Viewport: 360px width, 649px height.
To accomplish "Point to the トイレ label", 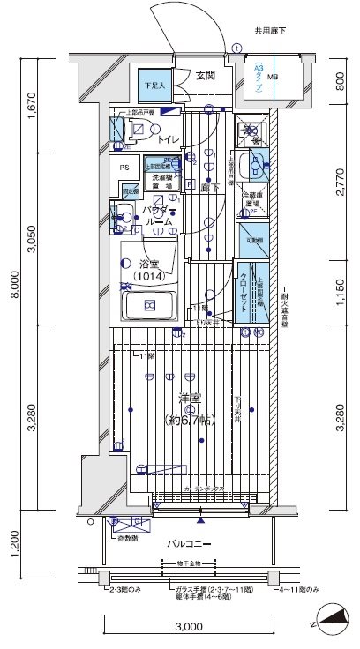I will pyautogui.click(x=169, y=139).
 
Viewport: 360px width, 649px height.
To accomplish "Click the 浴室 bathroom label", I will pyautogui.click(x=148, y=264).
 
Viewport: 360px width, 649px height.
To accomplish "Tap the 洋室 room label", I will pyautogui.click(x=187, y=399).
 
